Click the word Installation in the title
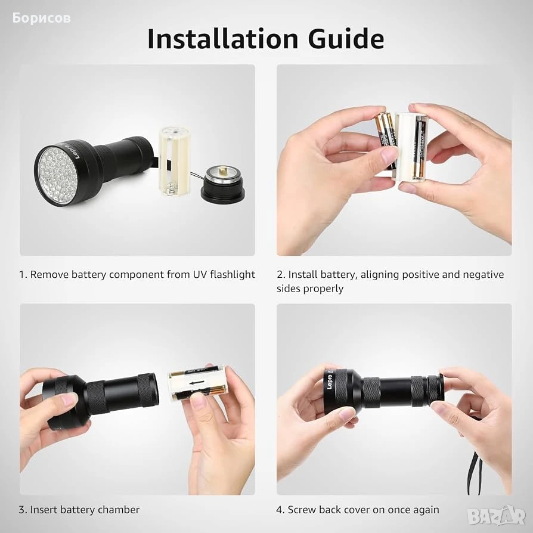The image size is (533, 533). (x=222, y=39)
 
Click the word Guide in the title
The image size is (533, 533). (x=346, y=39)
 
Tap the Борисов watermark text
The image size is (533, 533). (x=42, y=18)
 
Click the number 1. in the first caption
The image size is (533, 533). (x=23, y=274)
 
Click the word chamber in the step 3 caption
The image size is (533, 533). (x=119, y=510)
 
